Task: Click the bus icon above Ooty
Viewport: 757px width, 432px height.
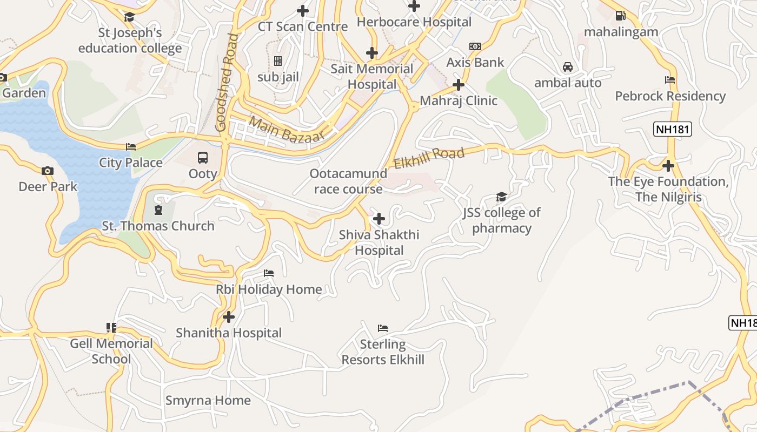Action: [x=203, y=158]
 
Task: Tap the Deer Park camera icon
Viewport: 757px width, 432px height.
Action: [x=48, y=171]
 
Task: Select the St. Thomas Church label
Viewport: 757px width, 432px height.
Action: [x=158, y=226]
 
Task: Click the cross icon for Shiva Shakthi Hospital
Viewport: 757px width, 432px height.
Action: [x=379, y=219]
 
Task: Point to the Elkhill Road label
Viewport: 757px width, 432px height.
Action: [x=429, y=158]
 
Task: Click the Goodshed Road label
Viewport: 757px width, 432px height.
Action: [x=227, y=83]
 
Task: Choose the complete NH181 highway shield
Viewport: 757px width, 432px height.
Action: [x=673, y=130]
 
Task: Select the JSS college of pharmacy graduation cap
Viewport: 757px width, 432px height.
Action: [x=501, y=197]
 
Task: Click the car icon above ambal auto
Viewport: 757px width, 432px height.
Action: [x=568, y=67]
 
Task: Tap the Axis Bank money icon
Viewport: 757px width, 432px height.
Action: [x=475, y=46]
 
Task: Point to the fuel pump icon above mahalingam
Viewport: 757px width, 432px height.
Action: [x=621, y=16]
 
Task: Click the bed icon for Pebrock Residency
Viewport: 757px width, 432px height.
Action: [x=670, y=80]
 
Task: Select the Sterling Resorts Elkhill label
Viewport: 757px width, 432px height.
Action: [x=383, y=352]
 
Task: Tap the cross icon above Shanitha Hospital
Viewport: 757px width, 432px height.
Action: [x=229, y=317]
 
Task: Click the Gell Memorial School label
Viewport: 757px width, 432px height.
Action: [x=111, y=351]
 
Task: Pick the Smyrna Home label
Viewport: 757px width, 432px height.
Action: [x=208, y=400]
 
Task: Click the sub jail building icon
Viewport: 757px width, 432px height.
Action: [x=278, y=61]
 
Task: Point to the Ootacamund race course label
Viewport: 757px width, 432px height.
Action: [x=348, y=181]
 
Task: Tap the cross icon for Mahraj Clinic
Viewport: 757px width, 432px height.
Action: [x=459, y=85]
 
